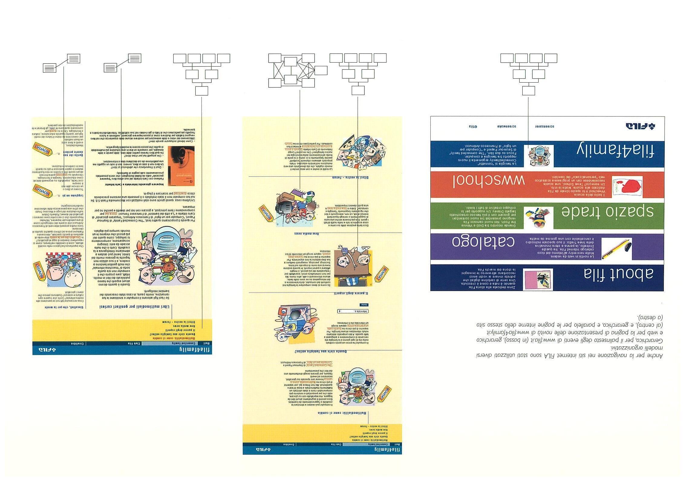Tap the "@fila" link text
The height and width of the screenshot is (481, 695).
click(473, 126)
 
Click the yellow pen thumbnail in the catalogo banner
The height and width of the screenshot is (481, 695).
click(616, 249)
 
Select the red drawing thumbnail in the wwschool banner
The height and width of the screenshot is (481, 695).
click(627, 187)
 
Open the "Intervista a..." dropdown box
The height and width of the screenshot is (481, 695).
click(353, 311)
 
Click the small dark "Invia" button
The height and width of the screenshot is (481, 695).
click(364, 305)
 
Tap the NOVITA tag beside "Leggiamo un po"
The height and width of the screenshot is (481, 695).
click(43, 191)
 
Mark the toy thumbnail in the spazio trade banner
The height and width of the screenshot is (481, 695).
click(539, 217)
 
